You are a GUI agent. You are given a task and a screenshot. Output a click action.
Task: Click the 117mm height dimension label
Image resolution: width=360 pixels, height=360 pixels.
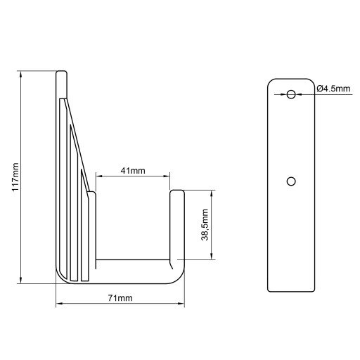[x=15, y=177]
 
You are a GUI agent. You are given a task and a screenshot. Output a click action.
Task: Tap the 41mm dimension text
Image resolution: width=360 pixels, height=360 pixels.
[x=133, y=170]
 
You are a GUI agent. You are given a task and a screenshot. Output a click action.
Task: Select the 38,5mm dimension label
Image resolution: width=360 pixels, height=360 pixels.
[x=205, y=225]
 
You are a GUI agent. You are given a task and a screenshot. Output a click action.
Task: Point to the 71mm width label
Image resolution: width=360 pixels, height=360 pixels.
[x=120, y=298]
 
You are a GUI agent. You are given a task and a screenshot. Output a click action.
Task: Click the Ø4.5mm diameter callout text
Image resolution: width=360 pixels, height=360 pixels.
[x=333, y=89]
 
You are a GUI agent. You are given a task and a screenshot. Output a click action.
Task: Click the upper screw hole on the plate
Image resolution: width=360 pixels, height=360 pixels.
[x=291, y=94]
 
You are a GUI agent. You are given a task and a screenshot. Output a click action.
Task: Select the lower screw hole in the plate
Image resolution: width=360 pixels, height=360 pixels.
[x=291, y=181]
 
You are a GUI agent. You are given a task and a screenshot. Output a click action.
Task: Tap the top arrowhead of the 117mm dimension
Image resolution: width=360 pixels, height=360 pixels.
[x=21, y=75]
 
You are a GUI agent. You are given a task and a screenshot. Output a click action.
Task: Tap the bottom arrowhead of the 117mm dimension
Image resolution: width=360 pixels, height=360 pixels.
[x=21, y=280]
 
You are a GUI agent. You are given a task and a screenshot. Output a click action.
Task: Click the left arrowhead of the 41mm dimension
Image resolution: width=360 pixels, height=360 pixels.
[x=100, y=176]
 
